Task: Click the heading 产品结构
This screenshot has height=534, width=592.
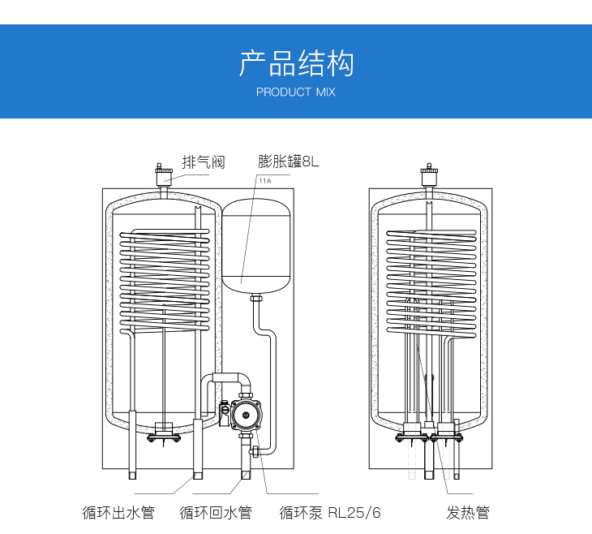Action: tap(296, 63)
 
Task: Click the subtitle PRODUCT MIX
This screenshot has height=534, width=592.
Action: tap(295, 93)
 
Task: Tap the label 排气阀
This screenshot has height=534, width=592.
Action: tap(203, 161)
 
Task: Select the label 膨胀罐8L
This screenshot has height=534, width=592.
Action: tap(289, 161)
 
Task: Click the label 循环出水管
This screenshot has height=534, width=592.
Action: tap(118, 512)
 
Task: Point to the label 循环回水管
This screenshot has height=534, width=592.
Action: tap(216, 512)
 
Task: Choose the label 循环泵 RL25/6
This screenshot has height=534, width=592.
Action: tap(330, 512)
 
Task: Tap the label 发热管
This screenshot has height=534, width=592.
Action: tap(468, 512)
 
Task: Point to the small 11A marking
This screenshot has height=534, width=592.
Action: tap(264, 181)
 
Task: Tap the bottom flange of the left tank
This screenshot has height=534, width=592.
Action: tap(165, 438)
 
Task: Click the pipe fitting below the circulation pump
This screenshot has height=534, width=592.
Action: tap(254, 450)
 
